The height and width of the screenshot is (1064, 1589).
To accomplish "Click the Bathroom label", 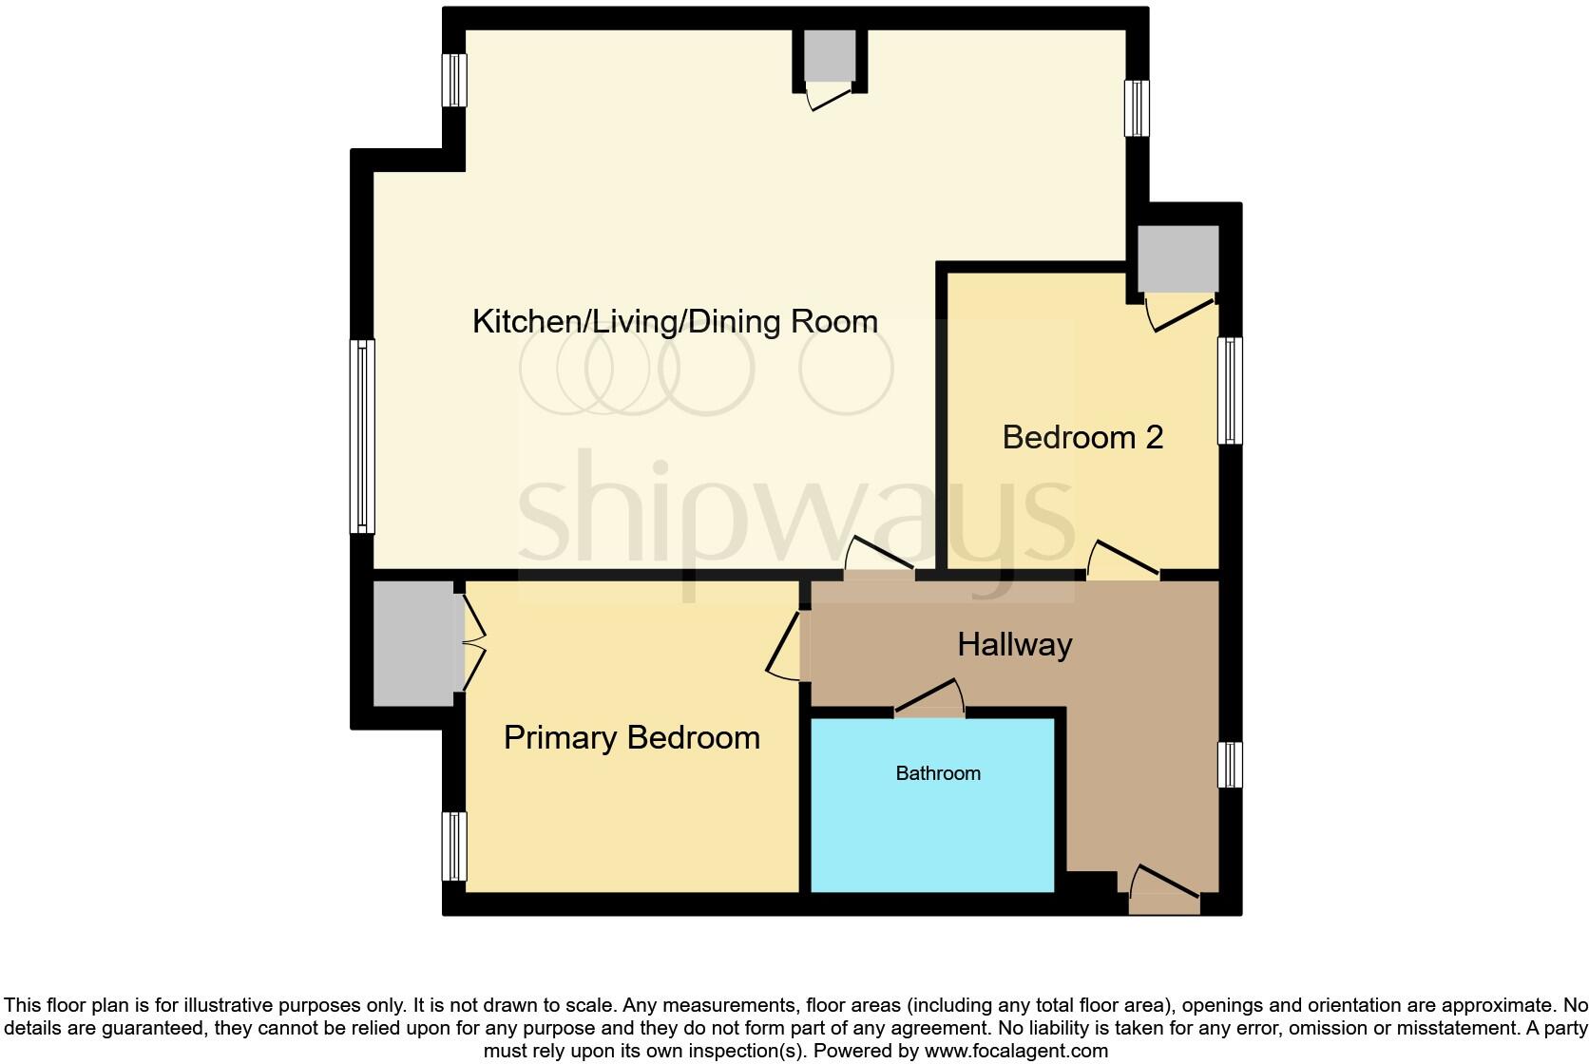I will tap(937, 773).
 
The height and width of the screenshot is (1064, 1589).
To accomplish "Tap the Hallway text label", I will tap(1014, 645).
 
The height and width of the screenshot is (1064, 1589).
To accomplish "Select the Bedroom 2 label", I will tap(1082, 437).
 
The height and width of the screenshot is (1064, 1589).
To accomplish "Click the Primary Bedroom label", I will tap(631, 738).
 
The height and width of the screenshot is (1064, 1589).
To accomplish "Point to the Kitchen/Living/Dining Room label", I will tap(675, 322).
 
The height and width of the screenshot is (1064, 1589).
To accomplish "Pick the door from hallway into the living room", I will tap(880, 560).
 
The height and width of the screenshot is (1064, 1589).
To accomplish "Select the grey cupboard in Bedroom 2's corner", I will tap(1178, 258).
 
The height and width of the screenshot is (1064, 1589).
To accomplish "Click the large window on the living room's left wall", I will tap(362, 436).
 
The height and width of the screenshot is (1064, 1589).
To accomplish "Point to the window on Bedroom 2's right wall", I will tap(1230, 390).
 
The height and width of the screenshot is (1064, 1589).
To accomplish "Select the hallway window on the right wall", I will tap(1230, 765).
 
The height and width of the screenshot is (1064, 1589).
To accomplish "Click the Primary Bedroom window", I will tap(455, 846).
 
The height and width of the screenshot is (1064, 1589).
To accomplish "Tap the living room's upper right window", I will tap(1137, 107).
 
